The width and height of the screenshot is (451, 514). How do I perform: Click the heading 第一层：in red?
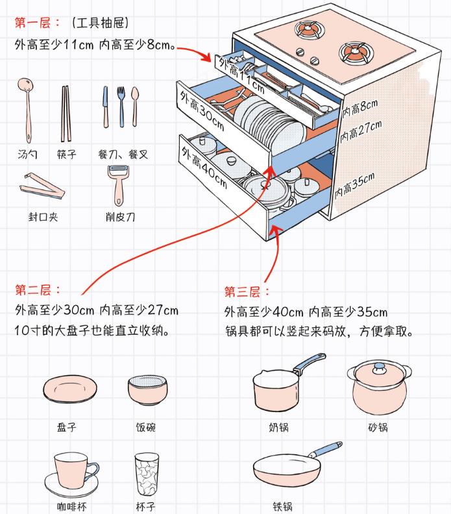click(38, 23)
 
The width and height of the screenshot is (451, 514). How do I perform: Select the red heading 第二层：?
click(38, 289)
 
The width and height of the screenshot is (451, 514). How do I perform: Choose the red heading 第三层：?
click(247, 291)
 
